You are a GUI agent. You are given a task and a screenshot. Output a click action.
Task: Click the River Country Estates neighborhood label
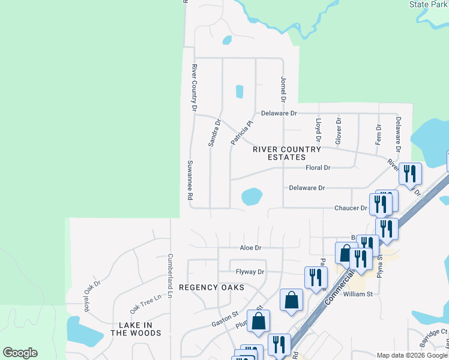[286, 153]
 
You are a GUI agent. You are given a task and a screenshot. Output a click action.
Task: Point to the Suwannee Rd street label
[190, 180]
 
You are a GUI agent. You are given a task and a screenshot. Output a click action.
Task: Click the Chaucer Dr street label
[351, 208]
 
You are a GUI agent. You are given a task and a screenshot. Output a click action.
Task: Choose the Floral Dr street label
[318, 168]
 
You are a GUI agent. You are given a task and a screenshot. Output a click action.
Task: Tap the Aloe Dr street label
[250, 247]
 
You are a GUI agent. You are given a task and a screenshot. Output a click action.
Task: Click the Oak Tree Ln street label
[146, 304]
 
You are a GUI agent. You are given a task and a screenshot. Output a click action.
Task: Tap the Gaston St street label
[225, 318]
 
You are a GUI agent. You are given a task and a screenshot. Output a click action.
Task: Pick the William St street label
[358, 294]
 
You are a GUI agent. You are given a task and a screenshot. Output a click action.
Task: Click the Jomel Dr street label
[283, 89]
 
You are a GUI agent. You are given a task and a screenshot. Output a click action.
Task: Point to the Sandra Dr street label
[214, 133]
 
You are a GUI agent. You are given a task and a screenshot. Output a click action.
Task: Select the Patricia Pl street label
[243, 133]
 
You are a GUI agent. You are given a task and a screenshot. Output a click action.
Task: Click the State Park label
[427, 4]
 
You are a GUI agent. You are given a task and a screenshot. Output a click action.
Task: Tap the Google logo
[20, 353]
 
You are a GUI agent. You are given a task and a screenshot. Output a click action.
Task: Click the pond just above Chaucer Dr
[252, 196]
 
